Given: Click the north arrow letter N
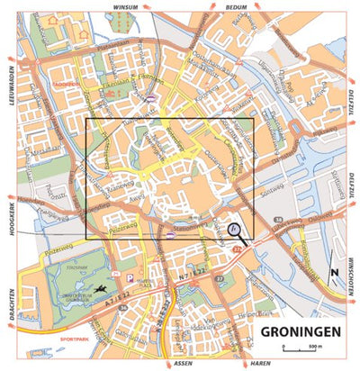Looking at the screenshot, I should pos(333,273).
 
